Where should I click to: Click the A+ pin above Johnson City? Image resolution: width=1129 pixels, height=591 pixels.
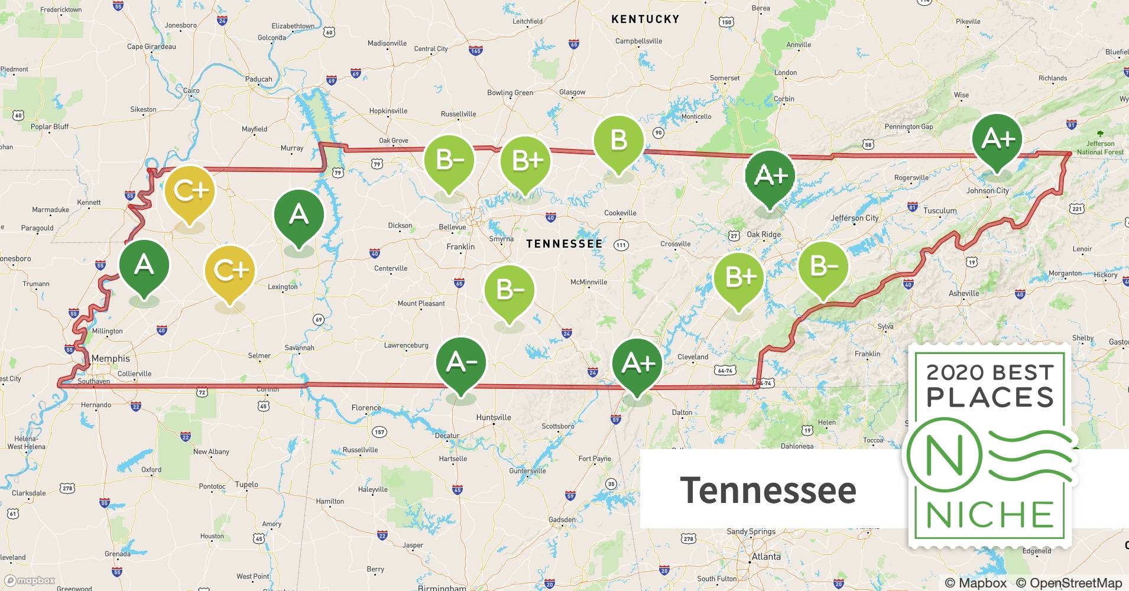pos(997,140)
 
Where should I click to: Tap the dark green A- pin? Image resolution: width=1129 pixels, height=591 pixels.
pos(460,362)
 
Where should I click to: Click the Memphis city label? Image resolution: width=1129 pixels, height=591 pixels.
pos(111,358)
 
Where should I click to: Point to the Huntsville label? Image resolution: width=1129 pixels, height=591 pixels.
pos(494,417)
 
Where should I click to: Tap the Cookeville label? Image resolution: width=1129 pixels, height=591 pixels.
pos(620,213)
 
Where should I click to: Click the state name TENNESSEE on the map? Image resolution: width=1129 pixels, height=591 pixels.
pos(564,243)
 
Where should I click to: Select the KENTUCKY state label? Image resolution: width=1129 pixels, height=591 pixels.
pos(645,19)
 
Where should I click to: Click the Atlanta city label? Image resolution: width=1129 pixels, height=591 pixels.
pos(766,556)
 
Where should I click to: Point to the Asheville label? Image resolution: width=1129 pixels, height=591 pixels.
pos(963,293)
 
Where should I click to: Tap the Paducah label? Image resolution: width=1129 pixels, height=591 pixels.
pos(258,79)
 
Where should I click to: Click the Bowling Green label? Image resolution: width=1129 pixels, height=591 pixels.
pos(510,93)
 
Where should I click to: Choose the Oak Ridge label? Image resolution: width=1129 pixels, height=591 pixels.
pos(764,235)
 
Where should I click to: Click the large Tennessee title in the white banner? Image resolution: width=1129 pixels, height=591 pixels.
pos(768,490)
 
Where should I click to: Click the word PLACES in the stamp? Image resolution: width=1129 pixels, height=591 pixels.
pos(990,397)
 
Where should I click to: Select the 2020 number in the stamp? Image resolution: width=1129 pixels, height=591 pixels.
pos(955,372)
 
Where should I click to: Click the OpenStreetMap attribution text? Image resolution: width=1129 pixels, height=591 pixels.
pos(1069,583)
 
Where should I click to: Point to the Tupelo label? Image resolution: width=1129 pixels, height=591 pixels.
pos(246,484)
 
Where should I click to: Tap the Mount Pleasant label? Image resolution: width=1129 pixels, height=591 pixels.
pos(421,304)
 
